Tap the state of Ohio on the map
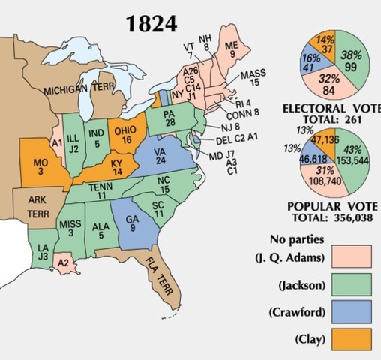(x=124, y=134)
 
